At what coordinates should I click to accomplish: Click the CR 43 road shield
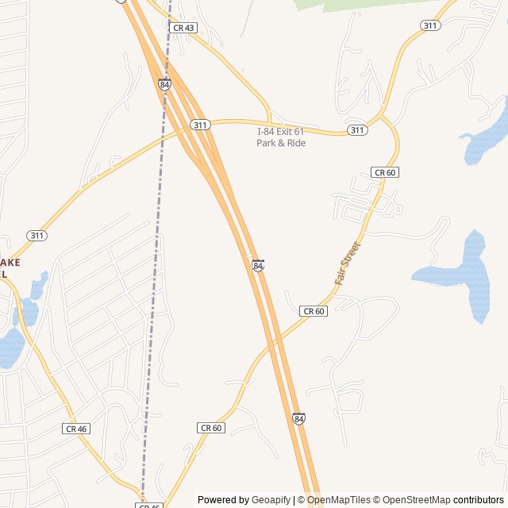[183, 28]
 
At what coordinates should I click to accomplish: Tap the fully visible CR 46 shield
[76, 429]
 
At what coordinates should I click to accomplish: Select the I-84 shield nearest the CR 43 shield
[164, 83]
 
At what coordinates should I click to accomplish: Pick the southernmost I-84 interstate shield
[298, 418]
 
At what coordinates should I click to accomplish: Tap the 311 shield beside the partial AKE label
[37, 236]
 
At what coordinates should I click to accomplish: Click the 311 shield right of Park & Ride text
[357, 130]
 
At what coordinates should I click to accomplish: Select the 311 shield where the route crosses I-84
[200, 125]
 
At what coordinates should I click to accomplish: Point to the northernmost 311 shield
[430, 25]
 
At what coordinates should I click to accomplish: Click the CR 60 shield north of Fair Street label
[384, 172]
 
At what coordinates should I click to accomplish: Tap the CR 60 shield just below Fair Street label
[314, 311]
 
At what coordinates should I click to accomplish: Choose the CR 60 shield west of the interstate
[210, 428]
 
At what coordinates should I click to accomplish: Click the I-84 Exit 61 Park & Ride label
[281, 137]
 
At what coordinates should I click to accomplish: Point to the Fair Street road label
[347, 264]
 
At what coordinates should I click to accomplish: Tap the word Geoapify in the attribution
[271, 500]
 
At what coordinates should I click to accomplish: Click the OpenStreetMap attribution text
[414, 500]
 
